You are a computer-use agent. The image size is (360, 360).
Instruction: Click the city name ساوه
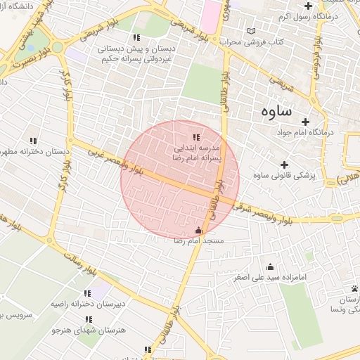pos(277,110)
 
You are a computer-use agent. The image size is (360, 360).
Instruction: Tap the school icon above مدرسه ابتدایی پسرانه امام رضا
pos(196,137)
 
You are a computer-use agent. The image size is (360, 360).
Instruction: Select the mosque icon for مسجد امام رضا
pos(198,230)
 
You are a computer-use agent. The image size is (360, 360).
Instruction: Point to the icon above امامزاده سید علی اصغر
pos(271,266)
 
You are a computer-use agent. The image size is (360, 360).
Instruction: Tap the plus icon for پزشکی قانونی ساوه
pos(284,164)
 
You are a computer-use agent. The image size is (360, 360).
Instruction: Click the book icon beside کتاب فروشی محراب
pos(251,32)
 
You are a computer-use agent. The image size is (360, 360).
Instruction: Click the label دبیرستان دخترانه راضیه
pos(86,304)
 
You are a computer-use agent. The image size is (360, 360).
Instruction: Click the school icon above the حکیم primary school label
pos(136,37)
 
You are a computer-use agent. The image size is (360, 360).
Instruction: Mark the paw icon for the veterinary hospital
pos(355,289)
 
